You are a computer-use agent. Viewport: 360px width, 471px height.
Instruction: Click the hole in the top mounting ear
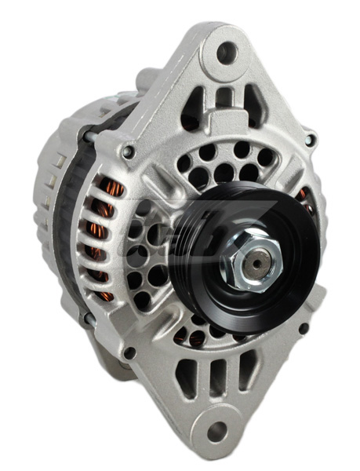[x=226, y=53]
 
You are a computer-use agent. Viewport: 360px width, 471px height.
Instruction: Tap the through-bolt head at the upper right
[x=311, y=141]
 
